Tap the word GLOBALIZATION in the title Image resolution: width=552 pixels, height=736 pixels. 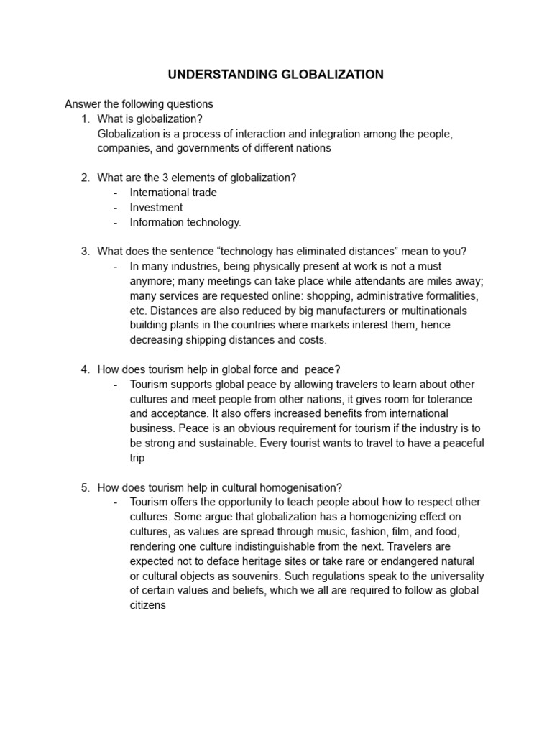326,74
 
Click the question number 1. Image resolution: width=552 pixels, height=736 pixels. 86,119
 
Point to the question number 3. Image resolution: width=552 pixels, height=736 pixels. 86,251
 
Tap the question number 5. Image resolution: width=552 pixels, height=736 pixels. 86,487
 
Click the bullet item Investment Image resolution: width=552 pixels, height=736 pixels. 156,207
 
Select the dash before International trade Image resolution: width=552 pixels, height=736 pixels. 116,193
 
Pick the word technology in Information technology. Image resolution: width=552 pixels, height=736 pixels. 213,222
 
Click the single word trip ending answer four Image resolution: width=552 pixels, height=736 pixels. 137,458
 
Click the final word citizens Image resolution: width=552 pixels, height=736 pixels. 148,605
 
